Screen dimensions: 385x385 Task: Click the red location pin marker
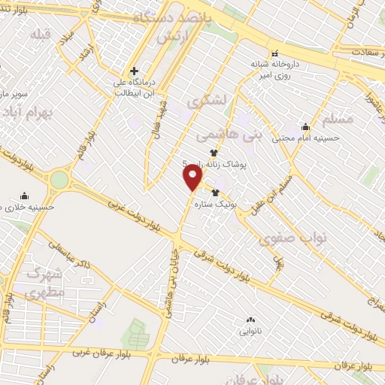192,177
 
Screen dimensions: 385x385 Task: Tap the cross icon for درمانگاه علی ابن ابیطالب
134,71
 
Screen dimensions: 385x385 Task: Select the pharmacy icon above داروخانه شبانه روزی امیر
274,53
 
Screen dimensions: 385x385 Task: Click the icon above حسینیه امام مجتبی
305,126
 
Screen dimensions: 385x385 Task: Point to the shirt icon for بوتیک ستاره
215,193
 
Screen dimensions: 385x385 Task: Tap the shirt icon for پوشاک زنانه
214,153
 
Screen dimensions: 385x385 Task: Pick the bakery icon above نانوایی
250,320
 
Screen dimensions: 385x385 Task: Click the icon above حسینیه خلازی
25,194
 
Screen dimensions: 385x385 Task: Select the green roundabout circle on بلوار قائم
59,179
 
